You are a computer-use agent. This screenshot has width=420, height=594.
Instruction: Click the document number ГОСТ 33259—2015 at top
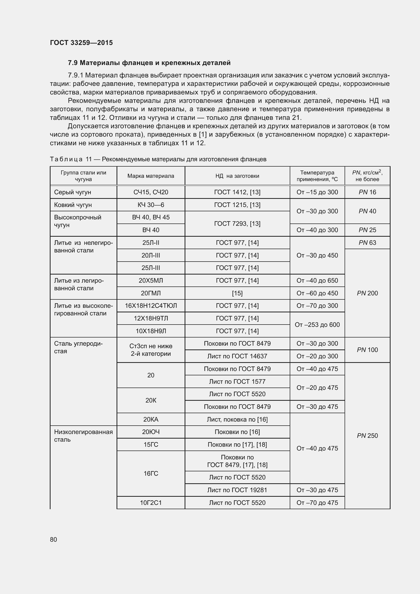coord(81,43)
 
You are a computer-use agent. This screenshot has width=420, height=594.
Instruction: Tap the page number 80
coord(54,539)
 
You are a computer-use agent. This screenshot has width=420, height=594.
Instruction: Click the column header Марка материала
coord(151,176)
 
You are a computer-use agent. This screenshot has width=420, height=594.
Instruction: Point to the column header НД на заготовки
coord(237,176)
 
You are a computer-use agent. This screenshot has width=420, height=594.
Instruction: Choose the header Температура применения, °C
coord(317,176)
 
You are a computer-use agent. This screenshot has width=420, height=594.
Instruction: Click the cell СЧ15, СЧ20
coord(151,192)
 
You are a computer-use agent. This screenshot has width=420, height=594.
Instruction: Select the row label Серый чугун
coord(73,192)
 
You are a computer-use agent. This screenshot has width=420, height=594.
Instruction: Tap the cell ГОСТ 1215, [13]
coord(237,205)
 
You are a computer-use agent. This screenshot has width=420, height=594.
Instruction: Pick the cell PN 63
coord(367,243)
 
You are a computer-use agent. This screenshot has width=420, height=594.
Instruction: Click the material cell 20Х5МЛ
coord(151,280)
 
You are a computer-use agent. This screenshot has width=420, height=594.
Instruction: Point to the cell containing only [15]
coord(237,293)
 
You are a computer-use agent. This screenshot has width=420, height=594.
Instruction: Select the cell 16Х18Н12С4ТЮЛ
coord(151,306)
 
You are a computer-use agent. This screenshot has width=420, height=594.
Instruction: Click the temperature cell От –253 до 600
coord(317,325)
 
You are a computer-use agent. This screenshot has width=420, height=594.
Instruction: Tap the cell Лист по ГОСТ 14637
coord(237,356)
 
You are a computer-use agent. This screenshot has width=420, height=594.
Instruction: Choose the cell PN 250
coord(367,436)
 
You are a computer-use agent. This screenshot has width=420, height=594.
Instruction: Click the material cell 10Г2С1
coord(151,503)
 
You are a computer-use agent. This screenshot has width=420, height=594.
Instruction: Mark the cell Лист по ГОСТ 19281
coord(237,490)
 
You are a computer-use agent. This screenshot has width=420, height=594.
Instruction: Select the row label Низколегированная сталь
coord(83,436)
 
